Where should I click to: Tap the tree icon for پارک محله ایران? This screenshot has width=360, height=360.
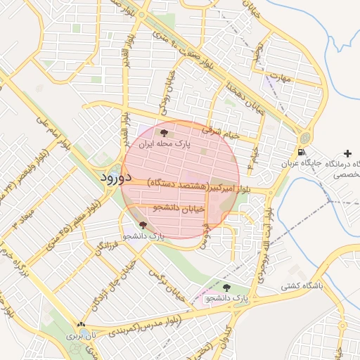pos(163,132)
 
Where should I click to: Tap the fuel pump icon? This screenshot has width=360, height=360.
pos(301,152)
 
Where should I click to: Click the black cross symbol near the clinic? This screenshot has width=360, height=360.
pos(347,153)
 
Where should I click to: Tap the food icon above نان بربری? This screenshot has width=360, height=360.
pos(81,324)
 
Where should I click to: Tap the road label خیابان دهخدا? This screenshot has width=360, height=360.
pos(239,99)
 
